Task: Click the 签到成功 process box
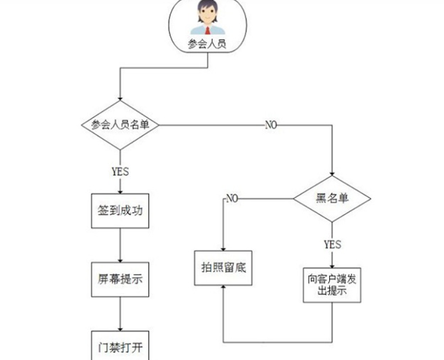click(120, 211)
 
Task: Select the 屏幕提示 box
click(120, 279)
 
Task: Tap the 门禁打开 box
click(120, 348)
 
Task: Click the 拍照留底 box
click(223, 267)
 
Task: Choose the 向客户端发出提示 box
click(332, 284)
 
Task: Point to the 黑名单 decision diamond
click(332, 198)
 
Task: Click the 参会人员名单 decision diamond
click(120, 125)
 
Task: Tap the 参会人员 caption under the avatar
click(207, 44)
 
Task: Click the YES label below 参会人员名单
click(120, 171)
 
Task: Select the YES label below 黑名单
click(332, 244)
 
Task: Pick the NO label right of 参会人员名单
click(271, 125)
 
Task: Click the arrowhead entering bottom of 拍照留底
click(223, 288)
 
